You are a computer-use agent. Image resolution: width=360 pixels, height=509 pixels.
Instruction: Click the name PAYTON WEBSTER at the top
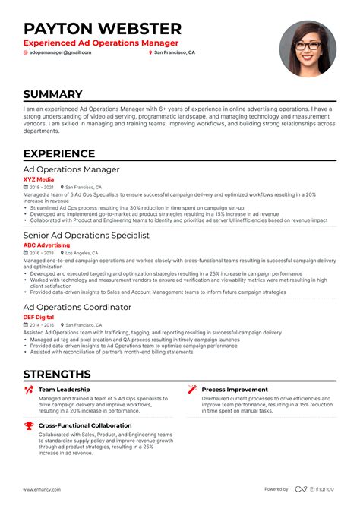(x=103, y=29)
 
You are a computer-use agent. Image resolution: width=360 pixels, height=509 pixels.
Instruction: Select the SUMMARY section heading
(x=52, y=95)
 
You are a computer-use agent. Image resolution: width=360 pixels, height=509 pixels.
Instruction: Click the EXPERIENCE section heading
(x=59, y=153)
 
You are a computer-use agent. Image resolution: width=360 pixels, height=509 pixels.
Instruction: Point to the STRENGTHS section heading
(x=57, y=374)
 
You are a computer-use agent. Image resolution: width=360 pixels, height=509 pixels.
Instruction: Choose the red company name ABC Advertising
(x=46, y=245)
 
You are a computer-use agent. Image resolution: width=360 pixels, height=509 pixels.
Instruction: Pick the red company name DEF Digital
(x=40, y=317)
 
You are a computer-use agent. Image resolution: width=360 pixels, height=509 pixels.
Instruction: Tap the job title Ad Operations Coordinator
(x=77, y=307)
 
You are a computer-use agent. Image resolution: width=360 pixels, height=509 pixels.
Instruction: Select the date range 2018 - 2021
(x=41, y=187)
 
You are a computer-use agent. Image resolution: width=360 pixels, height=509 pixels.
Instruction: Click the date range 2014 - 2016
(x=41, y=324)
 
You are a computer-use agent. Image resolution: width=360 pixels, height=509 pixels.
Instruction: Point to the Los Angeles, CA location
(x=82, y=253)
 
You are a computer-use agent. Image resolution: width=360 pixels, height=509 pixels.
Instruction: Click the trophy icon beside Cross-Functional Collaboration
(x=29, y=426)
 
